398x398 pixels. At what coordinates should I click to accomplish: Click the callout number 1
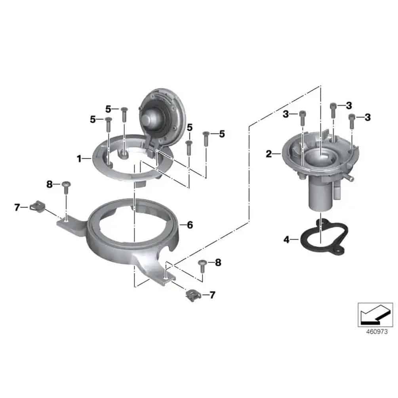tap(79, 159)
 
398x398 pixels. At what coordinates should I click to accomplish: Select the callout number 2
tap(269, 154)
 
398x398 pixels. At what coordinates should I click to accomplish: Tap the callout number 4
tap(286, 239)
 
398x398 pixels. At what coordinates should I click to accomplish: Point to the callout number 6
tap(190, 225)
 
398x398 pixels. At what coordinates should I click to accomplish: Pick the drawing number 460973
tap(377, 331)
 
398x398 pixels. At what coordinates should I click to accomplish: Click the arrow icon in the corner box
tap(375, 315)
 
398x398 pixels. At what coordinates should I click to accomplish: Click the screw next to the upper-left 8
tap(66, 188)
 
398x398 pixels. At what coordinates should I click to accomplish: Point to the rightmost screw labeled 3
tap(352, 121)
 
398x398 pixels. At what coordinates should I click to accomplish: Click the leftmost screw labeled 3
tap(302, 118)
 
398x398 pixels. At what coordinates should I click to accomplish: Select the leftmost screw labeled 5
tap(109, 124)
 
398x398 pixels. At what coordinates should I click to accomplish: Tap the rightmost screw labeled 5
tap(206, 139)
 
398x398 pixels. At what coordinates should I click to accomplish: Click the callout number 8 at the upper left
tap(49, 184)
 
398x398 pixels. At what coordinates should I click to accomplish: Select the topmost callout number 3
tap(349, 106)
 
